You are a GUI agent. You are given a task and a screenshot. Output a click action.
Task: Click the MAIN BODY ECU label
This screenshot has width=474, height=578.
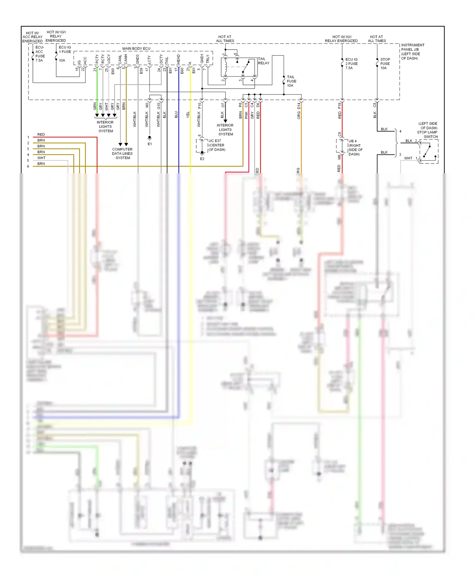tap(136, 48)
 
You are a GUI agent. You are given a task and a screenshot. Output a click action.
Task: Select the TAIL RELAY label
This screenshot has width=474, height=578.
tap(264, 61)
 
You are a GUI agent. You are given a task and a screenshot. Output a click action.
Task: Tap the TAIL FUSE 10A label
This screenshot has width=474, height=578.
tap(291, 81)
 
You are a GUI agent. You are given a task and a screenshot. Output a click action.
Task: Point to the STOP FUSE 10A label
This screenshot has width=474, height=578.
tap(385, 64)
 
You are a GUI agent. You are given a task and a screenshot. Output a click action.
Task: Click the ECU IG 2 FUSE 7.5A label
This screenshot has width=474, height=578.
tap(351, 64)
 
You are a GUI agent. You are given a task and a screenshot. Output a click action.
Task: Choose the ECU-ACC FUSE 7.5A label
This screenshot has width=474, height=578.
tap(40, 54)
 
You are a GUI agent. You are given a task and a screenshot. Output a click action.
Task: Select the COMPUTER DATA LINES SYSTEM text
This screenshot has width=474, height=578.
tap(122, 153)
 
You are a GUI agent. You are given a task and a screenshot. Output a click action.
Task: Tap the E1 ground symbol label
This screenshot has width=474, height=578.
tap(150, 144)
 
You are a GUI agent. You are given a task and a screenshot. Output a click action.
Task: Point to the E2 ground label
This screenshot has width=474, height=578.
tap(202, 159)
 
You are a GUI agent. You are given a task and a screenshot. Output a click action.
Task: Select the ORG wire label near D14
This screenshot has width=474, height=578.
tap(299, 115)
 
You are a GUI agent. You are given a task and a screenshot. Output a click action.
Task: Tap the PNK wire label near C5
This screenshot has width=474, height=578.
tap(246, 115)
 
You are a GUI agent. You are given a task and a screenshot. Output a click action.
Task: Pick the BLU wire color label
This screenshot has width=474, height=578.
tap(176, 115)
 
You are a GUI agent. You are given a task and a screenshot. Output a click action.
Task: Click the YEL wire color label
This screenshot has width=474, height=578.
tap(188, 115)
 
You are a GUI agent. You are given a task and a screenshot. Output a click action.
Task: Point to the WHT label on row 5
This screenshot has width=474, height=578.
tap(41, 158)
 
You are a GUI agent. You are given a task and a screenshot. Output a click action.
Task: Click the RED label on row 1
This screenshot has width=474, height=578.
tap(41, 134)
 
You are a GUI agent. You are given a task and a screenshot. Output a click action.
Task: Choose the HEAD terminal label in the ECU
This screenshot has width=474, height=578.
tap(179, 59)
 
